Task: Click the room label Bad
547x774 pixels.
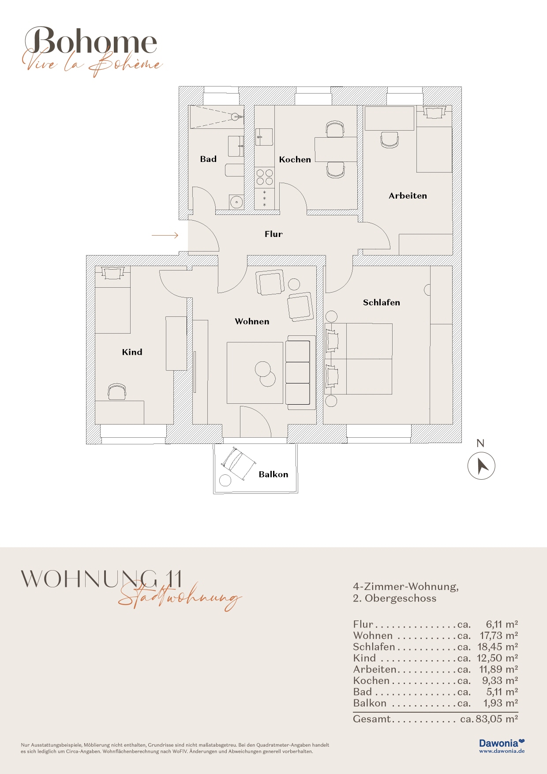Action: pos(208,159)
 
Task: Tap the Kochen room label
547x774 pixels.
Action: pos(295,160)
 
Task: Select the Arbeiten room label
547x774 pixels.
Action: pos(408,196)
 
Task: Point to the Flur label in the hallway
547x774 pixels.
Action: pos(273,234)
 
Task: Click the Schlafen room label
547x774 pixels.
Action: pos(382,303)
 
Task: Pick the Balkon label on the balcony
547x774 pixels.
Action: pos(273,474)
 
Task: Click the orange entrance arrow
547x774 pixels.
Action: pos(165,235)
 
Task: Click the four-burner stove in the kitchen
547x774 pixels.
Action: pos(265,177)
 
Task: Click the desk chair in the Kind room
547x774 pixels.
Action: pos(117,392)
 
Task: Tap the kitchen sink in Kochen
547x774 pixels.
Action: pos(264,137)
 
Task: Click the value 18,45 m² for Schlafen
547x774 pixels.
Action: pos(498,647)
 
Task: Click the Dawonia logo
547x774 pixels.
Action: pos(502,746)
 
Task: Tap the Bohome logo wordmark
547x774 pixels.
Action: pos(91,42)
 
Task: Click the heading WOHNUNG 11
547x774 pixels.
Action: pos(101,579)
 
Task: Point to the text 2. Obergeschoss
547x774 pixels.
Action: pos(395,599)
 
